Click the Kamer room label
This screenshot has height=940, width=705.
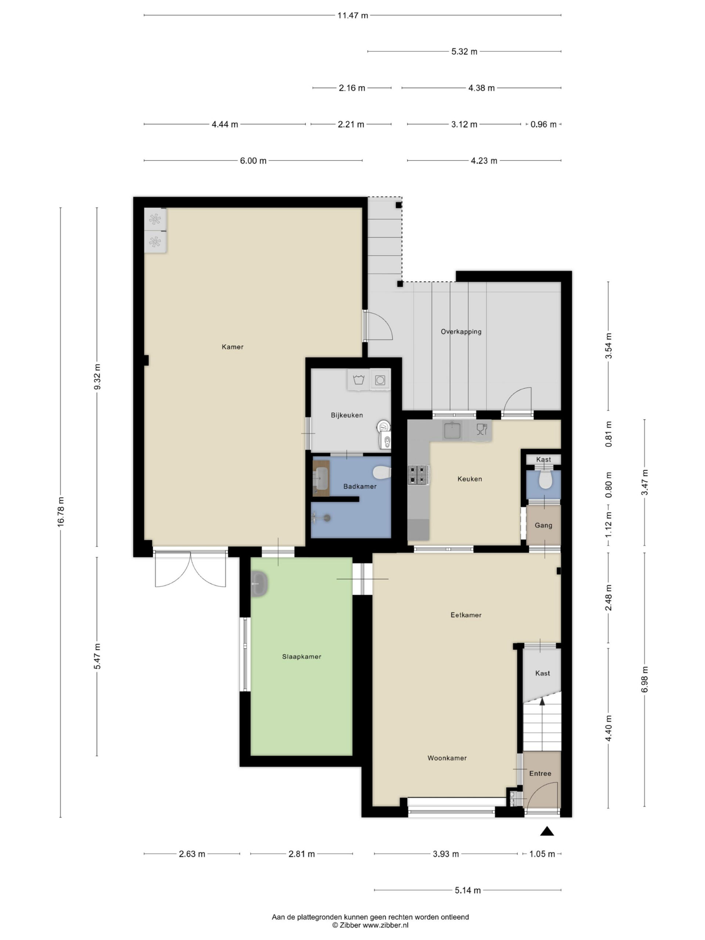point(232,347)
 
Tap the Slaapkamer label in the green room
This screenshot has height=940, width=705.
point(301,657)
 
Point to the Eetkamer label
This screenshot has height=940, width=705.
point(466,615)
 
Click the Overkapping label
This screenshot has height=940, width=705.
point(461,332)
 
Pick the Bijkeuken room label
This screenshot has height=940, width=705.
point(347,415)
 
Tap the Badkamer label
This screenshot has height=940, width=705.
point(360,487)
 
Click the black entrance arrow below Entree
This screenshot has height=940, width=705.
point(547,831)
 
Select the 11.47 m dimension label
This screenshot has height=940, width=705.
point(353,16)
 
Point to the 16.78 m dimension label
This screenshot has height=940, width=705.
point(61,512)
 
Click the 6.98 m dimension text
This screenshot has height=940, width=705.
point(645,680)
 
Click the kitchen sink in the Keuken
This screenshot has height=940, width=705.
point(452,430)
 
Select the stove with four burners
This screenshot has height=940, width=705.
point(419,475)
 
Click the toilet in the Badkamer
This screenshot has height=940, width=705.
point(382,472)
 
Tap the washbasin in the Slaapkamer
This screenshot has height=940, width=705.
point(259,584)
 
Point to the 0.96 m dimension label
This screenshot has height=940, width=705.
point(543,124)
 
